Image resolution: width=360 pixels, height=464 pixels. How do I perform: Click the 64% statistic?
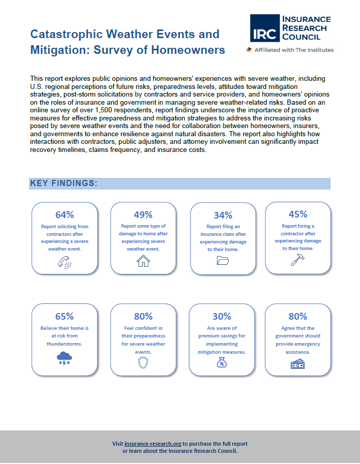(x=64, y=214)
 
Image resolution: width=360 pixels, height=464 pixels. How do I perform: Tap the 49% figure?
(x=143, y=214)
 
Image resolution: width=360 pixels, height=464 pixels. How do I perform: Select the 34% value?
(x=223, y=215)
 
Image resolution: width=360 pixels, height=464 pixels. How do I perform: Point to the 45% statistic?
(x=298, y=214)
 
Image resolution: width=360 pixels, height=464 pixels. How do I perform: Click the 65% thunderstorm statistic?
(x=64, y=316)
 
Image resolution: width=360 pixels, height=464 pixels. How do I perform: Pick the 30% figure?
(x=222, y=316)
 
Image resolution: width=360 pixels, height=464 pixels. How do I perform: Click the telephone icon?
(x=64, y=262)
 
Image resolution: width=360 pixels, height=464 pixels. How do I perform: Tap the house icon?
(x=143, y=261)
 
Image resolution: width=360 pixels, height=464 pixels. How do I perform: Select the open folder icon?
(x=223, y=260)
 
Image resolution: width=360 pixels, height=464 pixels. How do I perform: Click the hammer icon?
(x=298, y=260)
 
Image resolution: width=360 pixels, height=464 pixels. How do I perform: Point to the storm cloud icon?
(x=64, y=358)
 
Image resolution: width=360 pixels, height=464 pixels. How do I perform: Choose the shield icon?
(x=143, y=363)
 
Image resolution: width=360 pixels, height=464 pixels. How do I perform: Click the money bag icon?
(x=222, y=362)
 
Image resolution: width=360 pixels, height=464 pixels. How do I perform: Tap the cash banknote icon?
(x=298, y=364)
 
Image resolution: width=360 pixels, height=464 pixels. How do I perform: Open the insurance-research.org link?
(x=153, y=444)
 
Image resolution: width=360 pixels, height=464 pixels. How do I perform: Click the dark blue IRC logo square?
(x=265, y=28)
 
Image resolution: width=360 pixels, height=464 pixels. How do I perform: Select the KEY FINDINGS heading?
(x=64, y=183)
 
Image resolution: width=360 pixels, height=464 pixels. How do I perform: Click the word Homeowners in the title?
(x=188, y=50)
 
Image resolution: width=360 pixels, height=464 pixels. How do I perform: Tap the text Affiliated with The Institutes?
(x=294, y=50)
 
